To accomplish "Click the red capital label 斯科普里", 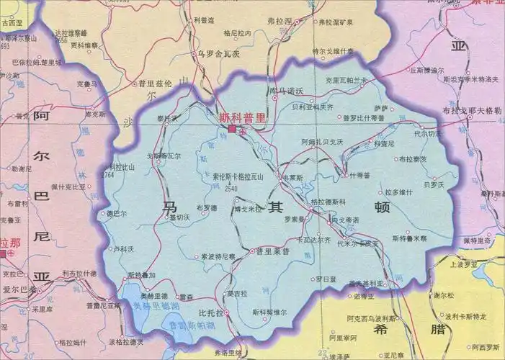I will (x=243, y=115).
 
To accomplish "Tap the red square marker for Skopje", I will (x=232, y=129).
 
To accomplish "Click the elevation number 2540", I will (x=231, y=189).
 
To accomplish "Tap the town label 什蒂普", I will (x=359, y=175).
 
